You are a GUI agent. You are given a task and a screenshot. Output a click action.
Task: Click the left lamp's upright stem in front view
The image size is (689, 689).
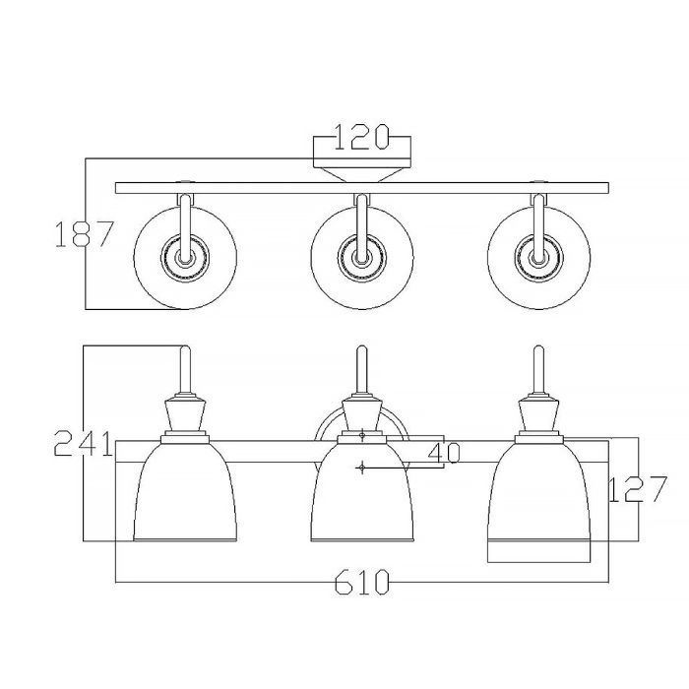[x=184, y=370]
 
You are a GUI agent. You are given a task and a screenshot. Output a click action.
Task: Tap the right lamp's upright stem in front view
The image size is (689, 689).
[x=539, y=370]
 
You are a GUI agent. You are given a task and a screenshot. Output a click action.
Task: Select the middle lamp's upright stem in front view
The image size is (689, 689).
[x=361, y=370]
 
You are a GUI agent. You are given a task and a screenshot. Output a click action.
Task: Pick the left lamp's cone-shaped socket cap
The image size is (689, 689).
[x=184, y=413]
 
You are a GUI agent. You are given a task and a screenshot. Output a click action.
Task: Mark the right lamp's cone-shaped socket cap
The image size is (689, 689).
[x=539, y=413]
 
